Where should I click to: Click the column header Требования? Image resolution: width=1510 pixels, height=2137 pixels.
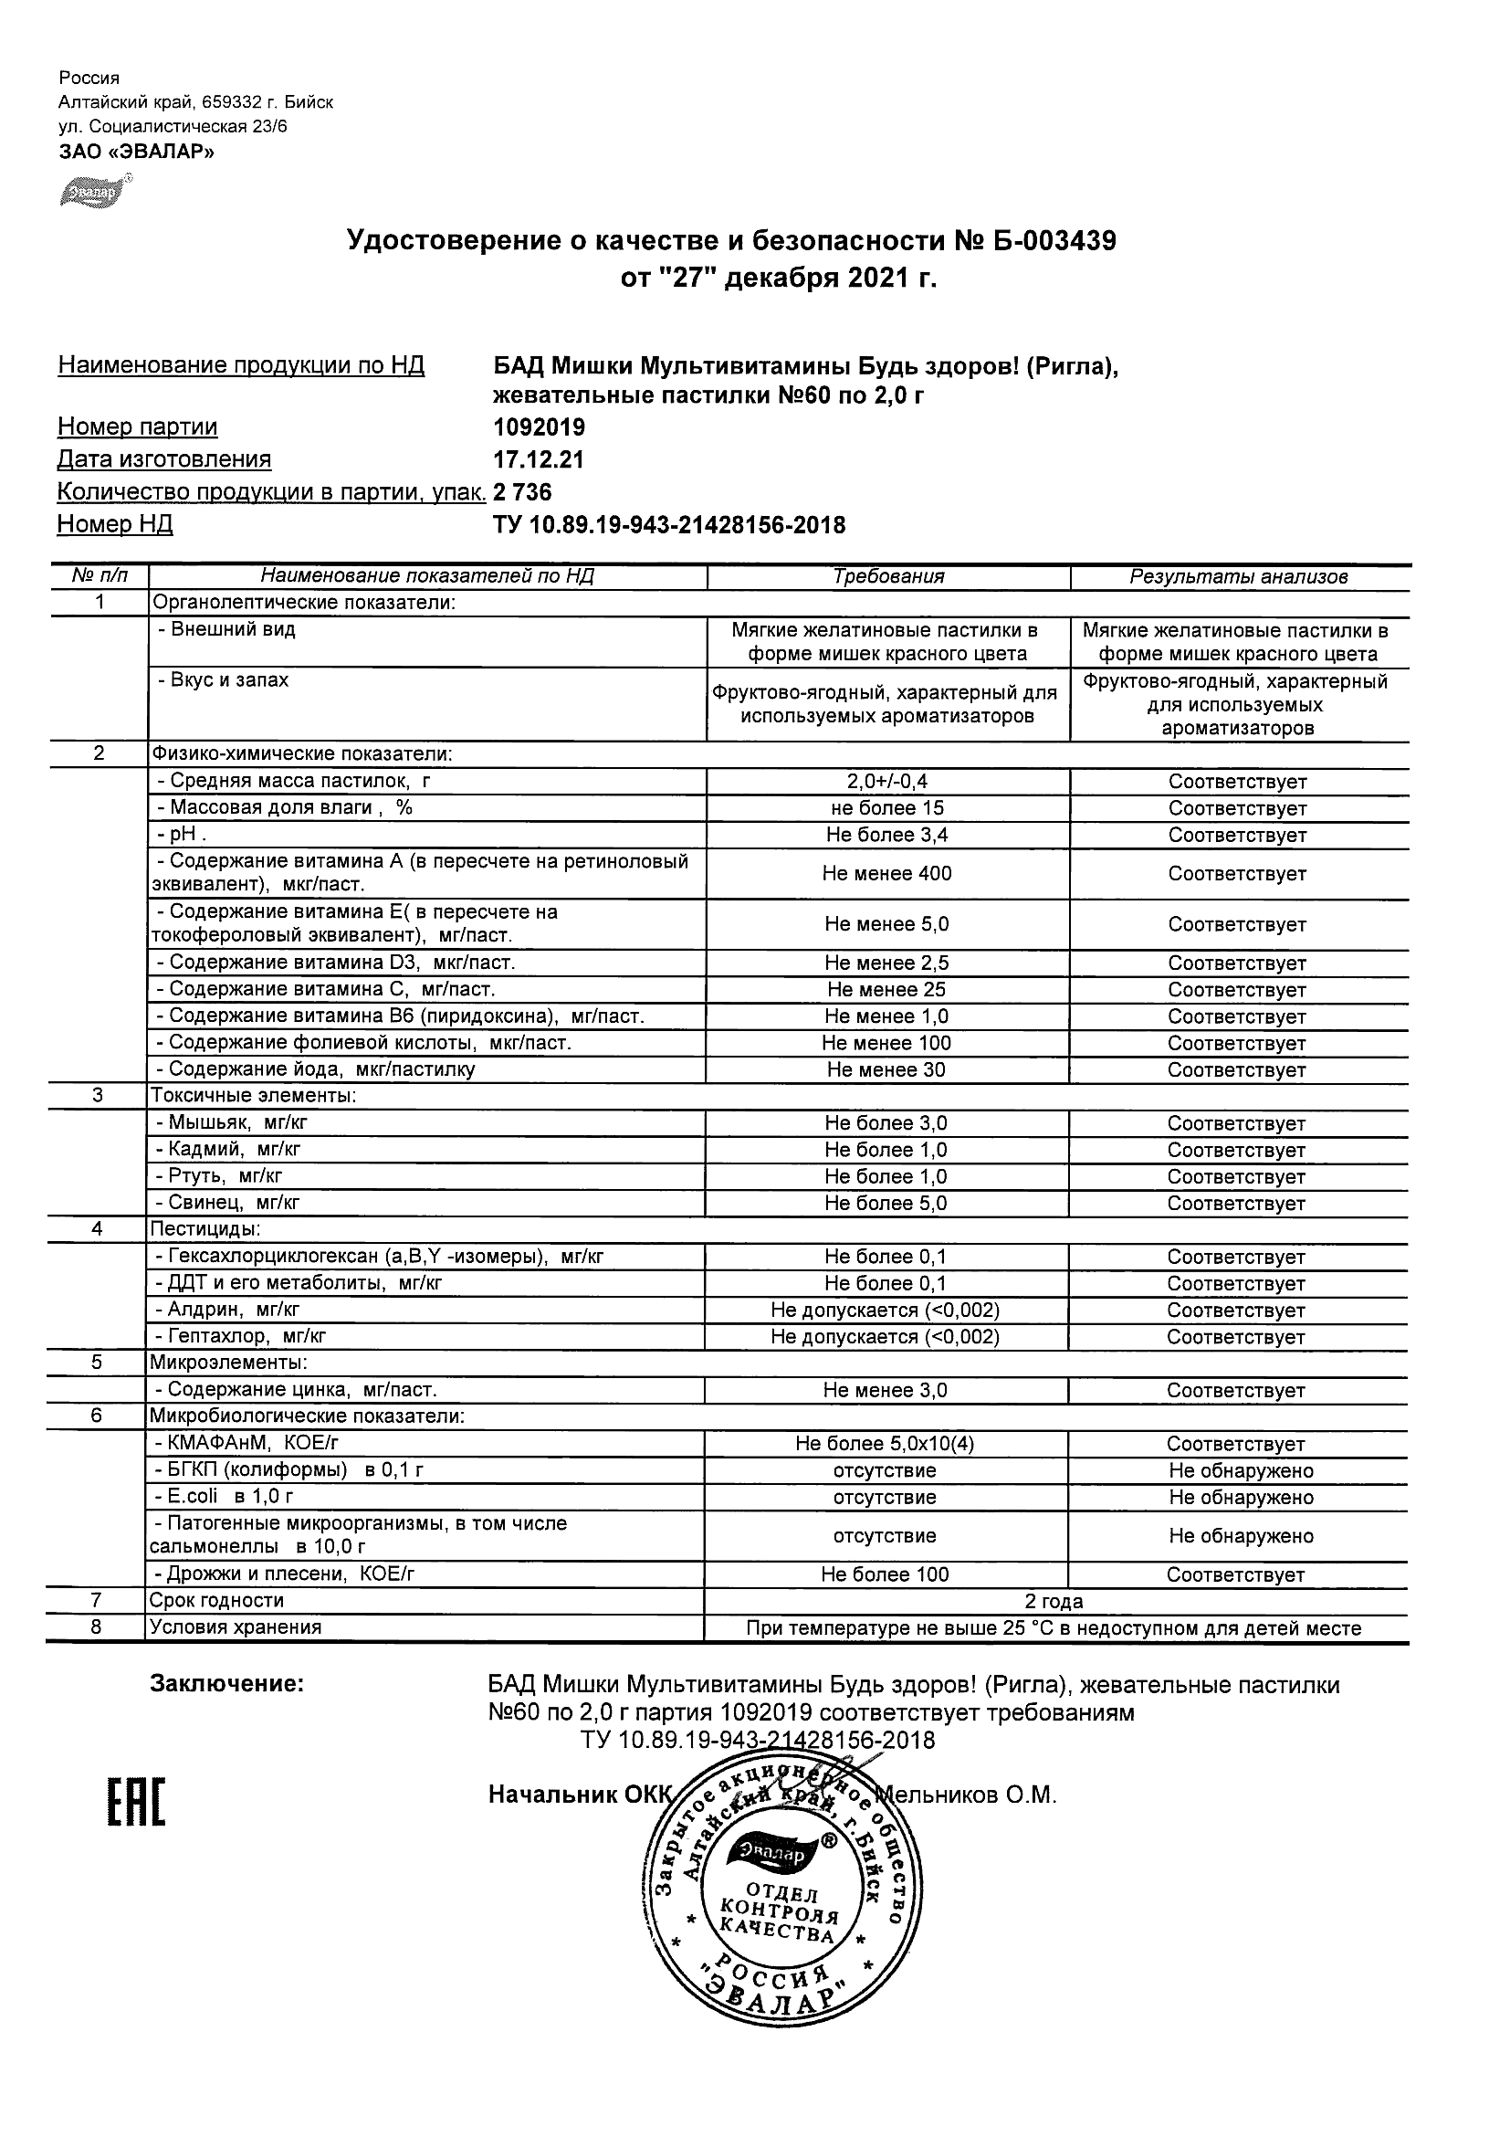coord(888,577)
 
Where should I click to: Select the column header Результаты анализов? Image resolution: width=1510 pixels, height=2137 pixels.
coord(1238,577)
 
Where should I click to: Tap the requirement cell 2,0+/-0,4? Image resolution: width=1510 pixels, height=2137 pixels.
coord(886,782)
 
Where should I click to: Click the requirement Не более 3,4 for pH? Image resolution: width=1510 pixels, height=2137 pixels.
coord(886,835)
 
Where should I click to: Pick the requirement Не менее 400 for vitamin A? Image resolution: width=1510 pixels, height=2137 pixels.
coord(886,873)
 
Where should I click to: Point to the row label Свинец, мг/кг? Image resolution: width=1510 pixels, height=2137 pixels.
coord(228,1203)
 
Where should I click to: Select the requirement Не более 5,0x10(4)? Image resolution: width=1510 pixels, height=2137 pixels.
coord(885,1444)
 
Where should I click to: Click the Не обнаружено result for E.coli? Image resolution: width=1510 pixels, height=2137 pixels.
coord(1240,1498)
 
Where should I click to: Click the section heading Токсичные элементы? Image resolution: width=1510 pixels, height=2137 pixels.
coord(253,1097)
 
